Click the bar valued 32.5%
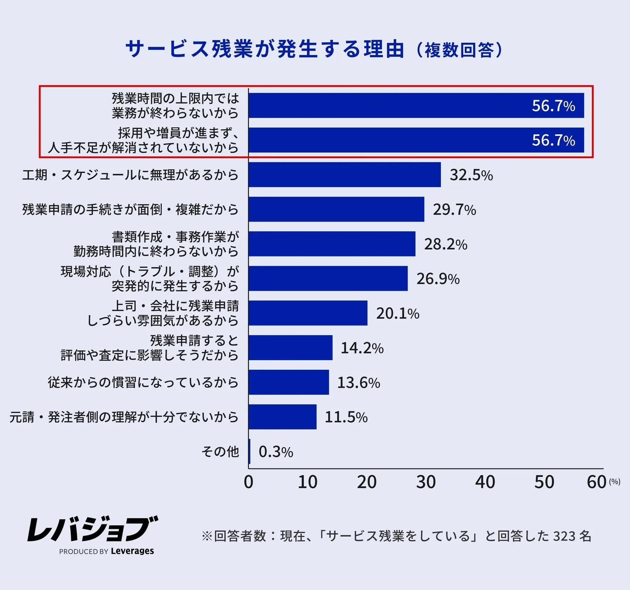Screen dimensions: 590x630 point(344,175)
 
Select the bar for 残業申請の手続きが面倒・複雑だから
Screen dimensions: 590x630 point(336,209)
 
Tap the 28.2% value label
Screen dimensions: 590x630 point(446,244)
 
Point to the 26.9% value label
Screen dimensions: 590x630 point(438,279)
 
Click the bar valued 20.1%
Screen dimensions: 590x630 point(308,313)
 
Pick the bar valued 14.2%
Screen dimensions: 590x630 point(290,348)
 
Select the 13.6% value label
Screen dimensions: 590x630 point(358,383)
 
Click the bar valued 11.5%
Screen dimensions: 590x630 point(282,417)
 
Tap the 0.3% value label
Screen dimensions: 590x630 point(276,452)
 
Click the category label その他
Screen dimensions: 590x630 point(220,451)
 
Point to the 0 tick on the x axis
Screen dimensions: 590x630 point(249,482)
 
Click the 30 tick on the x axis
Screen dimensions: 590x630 point(426,482)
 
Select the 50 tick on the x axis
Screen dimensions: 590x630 point(544,482)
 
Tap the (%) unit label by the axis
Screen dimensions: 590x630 point(615,482)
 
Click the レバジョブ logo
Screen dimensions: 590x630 point(93,529)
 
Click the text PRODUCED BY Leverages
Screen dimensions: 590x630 point(107,551)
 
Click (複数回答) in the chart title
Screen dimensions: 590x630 point(459,50)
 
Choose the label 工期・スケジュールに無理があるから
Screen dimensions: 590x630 point(130,175)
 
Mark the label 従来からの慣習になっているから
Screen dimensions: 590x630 point(143,382)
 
